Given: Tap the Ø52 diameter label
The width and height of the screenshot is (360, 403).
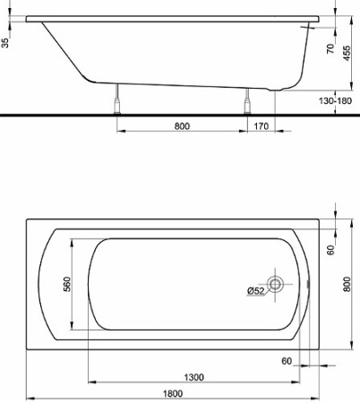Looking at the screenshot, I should [255, 289].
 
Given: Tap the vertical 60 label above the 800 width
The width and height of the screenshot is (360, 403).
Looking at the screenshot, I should [330, 251].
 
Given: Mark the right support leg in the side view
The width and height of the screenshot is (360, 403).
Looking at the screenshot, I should [244, 100].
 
